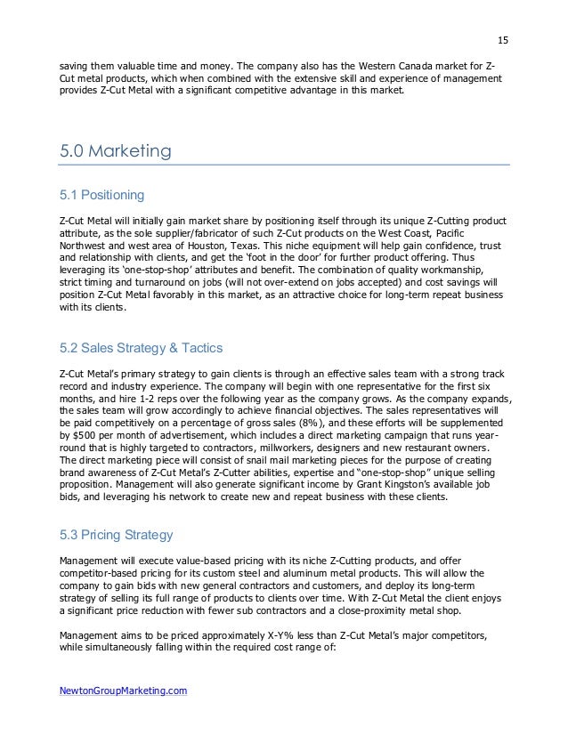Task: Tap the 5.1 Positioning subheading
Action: pos(100,194)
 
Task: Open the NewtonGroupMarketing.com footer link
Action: pos(123,690)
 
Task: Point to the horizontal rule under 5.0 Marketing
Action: pos(284,165)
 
